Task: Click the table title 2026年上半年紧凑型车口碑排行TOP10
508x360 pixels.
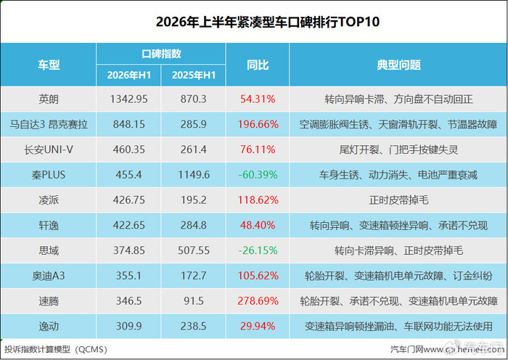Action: pos(267,22)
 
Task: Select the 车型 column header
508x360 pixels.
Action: pos(49,65)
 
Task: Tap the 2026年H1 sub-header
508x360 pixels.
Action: pos(129,75)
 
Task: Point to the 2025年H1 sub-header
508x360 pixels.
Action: pos(194,75)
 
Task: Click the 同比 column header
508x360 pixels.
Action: pos(258,65)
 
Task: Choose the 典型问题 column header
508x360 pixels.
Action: pos(398,65)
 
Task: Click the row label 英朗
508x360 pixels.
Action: pos(49,99)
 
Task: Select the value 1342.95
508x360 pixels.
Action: pos(129,99)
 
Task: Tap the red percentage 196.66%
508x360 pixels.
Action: pos(258,124)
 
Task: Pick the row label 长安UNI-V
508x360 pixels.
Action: pos(49,150)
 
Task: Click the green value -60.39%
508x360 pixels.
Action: pos(258,175)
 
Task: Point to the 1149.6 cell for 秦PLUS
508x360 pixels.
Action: pos(194,175)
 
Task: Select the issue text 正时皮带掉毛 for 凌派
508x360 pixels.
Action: pos(398,200)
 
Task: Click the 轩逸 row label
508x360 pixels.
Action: pos(49,226)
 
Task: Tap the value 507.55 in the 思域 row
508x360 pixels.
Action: pos(194,251)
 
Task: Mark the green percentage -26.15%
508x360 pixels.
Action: pos(258,251)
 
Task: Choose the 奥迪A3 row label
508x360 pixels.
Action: pos(49,276)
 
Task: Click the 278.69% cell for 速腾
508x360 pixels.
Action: pos(258,301)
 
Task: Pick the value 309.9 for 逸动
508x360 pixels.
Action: pos(129,327)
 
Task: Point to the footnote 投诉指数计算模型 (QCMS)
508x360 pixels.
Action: pos(55,349)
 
